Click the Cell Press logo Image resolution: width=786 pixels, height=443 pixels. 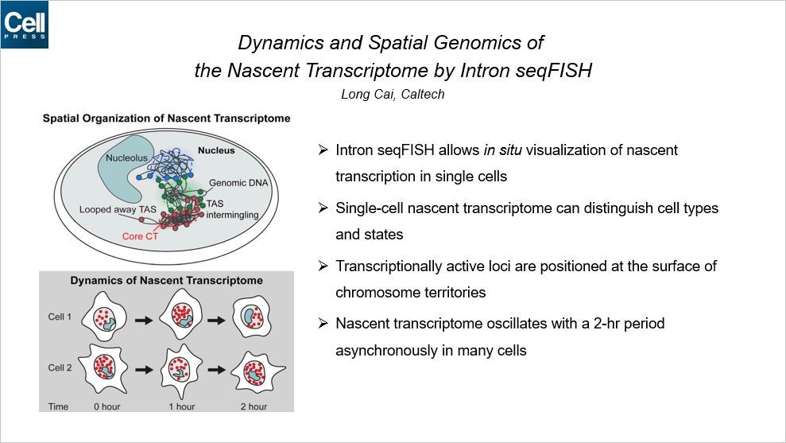click(25, 25)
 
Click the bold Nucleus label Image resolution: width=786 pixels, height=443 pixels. click(216, 150)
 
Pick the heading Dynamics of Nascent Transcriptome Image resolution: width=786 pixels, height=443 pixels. click(166, 281)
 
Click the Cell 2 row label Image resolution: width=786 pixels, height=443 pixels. click(61, 368)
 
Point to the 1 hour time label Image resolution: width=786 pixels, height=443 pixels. click(181, 406)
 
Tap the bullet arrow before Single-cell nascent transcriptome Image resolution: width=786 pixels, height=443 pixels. click(322, 208)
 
